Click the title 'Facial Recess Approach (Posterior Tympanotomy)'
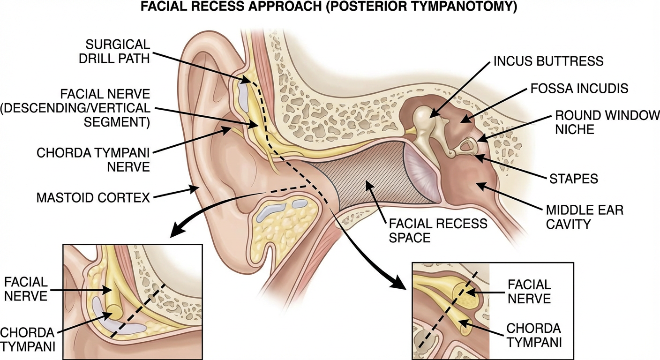[x=330, y=8]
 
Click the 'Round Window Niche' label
[x=607, y=122]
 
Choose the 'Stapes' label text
[x=573, y=179]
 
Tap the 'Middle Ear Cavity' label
[x=585, y=217]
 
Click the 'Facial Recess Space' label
[x=436, y=230]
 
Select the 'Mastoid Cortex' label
[x=93, y=198]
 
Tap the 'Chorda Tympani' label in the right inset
[x=534, y=336]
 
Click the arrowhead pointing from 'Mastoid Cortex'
[x=195, y=188]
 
